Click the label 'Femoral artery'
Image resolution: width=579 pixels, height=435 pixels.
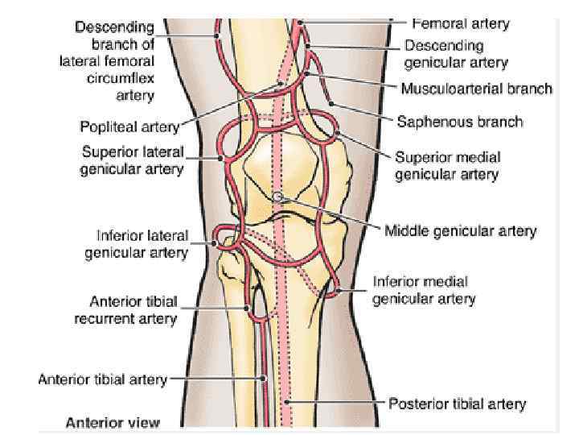[461, 24]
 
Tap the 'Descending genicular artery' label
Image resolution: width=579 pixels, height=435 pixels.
[455, 53]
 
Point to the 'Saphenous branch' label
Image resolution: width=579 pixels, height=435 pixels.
[460, 122]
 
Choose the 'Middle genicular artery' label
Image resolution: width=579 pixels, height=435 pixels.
[460, 231]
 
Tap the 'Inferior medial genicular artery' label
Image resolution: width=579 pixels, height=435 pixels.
[424, 291]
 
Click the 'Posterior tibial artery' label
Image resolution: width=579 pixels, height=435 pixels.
[458, 403]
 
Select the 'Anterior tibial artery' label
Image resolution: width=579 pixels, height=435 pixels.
[102, 379]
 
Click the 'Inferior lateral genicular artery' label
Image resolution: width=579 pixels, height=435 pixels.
[137, 244]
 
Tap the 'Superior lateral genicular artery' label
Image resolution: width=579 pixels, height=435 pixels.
[133, 160]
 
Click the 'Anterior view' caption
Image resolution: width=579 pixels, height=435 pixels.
[113, 422]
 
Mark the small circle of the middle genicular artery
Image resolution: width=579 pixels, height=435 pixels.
[277, 197]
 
